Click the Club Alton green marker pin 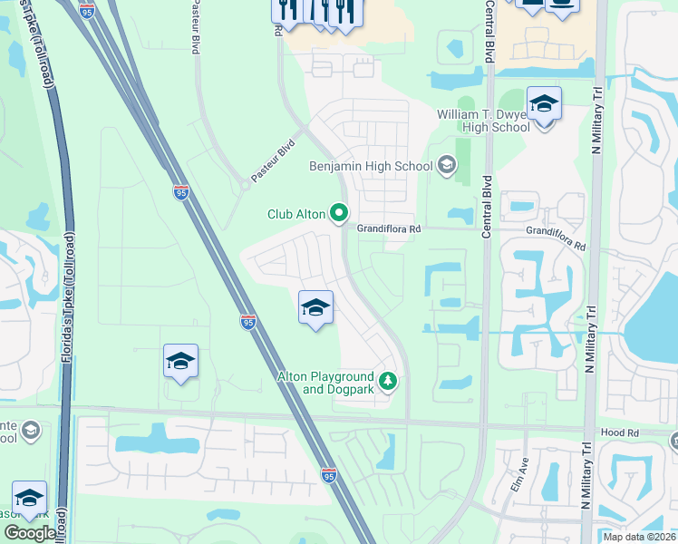pos(340,213)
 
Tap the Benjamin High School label pos(372,166)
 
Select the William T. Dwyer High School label pos(483,121)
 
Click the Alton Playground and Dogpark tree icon pos(388,380)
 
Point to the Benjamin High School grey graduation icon pos(445,165)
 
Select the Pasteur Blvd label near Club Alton pos(275,160)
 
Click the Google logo pos(30,532)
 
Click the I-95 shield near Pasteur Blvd pos(181,191)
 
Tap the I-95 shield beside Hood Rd pos(329,475)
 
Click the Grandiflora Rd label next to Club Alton pos(389,229)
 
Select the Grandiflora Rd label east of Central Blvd pos(557,238)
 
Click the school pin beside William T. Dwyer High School pos(544,107)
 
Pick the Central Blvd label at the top pos(489,27)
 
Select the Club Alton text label pos(295,214)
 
